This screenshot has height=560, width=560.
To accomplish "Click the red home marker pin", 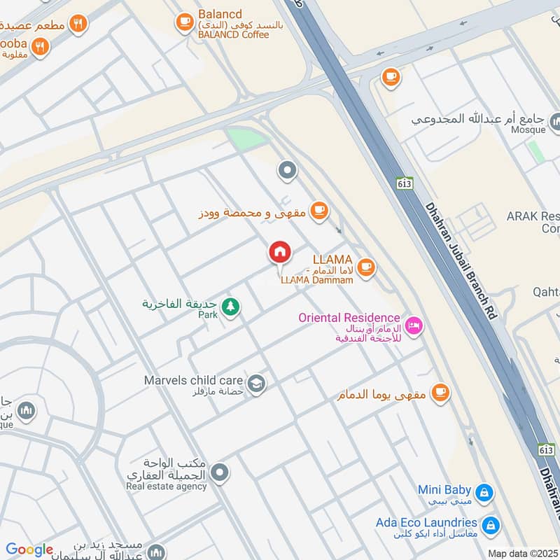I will [x=279, y=252].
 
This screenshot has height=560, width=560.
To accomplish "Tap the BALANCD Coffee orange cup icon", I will [x=185, y=23].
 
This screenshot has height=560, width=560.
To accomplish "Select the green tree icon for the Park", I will [x=230, y=307].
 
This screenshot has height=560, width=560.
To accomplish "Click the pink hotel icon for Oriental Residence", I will [x=414, y=326].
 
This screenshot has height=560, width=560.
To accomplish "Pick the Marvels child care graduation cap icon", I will [x=257, y=384].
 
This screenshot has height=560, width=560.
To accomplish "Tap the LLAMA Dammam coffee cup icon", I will [x=365, y=266].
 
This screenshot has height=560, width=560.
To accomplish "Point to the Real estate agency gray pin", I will [x=220, y=473].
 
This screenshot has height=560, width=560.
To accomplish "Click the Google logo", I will [x=29, y=550].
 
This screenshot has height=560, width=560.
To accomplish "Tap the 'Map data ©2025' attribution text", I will [x=523, y=553].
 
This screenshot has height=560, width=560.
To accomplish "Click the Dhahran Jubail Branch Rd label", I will [x=461, y=262].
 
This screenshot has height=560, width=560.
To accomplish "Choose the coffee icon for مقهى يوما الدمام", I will [x=440, y=393].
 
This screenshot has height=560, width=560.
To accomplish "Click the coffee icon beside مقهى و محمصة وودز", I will [x=318, y=210].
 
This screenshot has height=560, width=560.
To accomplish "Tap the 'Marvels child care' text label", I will [x=194, y=380].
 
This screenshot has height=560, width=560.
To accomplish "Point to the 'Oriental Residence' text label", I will [x=349, y=318].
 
